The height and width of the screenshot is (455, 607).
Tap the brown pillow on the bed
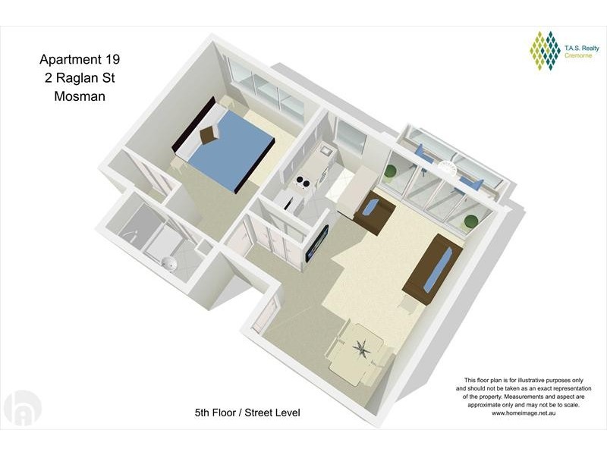209,134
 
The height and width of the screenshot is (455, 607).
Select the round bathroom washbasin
169,263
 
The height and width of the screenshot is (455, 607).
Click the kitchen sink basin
325,150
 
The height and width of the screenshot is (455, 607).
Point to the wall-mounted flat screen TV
317,243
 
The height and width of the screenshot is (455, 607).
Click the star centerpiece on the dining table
363,348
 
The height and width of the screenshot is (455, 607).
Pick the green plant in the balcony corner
471,221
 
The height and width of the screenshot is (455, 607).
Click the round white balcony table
446,166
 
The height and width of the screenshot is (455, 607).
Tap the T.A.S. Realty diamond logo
545,51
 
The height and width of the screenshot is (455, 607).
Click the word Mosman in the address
80,96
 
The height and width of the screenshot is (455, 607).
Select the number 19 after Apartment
112,59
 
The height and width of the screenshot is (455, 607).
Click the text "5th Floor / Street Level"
247,413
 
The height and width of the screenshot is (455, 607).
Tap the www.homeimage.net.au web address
524,413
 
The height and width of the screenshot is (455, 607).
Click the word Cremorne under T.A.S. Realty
578,55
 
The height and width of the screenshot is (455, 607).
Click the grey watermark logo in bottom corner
22,409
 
